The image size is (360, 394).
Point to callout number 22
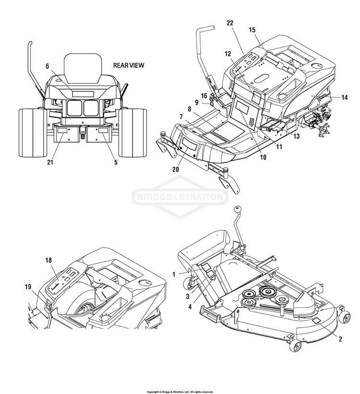tap(230, 23)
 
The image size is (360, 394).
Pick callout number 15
tap(252, 30)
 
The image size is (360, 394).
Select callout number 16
tap(204, 96)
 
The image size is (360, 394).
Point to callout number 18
tap(48, 260)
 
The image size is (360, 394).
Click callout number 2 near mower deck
tap(340, 339)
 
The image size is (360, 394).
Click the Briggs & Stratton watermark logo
tap(180, 197)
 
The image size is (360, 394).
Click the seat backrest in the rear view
tap(84, 65)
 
